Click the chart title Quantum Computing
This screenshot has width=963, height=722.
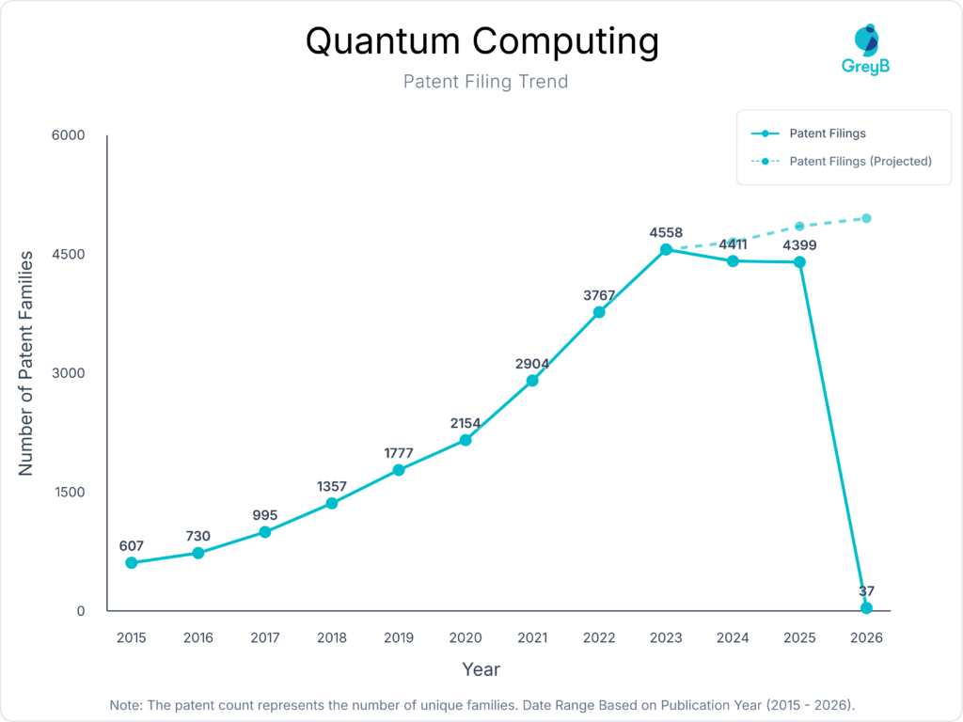point(481,41)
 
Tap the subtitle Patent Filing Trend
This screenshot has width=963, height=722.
point(485,82)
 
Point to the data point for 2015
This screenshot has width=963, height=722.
point(132,563)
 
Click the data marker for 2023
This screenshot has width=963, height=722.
point(666,249)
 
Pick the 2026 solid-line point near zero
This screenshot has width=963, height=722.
point(866,608)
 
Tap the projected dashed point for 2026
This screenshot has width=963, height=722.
point(866,218)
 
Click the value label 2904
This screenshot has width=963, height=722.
point(532,364)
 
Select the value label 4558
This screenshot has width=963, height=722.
point(666,232)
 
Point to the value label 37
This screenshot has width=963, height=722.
point(866,591)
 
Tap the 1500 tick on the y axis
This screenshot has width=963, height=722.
point(68,493)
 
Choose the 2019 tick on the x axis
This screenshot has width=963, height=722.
point(399,638)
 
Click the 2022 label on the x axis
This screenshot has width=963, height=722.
point(599,638)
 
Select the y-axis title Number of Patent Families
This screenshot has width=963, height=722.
point(26,362)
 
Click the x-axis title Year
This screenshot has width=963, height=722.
point(481,670)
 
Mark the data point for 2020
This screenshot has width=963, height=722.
point(466,440)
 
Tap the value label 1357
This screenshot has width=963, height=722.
point(332,486)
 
